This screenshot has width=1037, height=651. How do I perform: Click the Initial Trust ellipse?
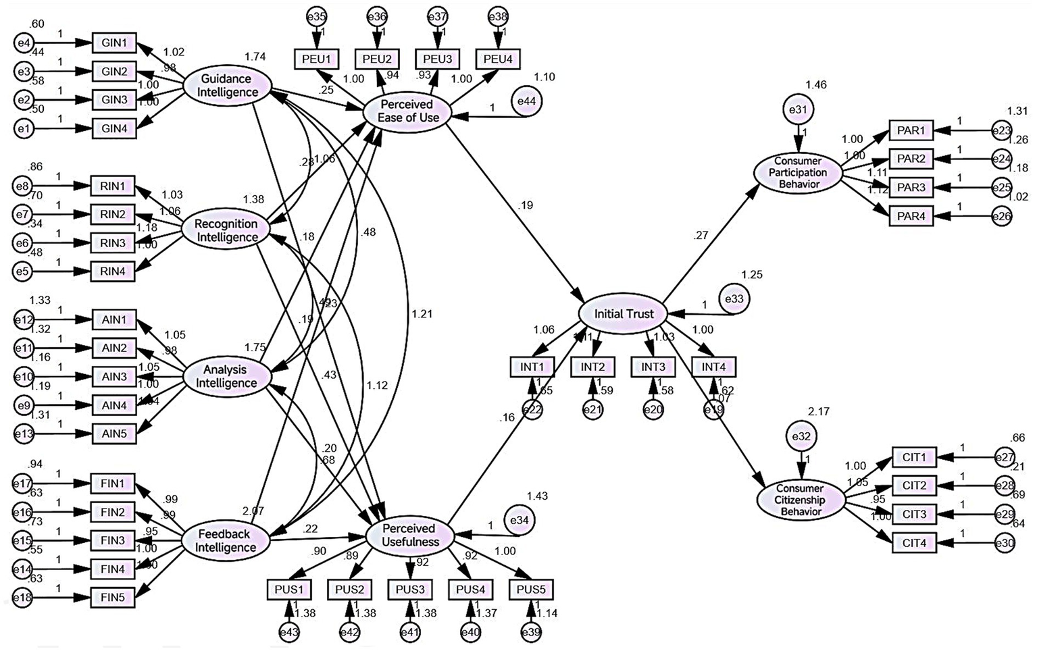tap(624, 314)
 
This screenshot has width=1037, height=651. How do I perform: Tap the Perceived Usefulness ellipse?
tap(410, 535)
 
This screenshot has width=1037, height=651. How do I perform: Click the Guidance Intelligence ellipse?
tap(226, 86)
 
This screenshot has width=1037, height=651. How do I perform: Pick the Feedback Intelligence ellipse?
tap(226, 540)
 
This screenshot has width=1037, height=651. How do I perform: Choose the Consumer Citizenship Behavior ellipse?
tap(799, 500)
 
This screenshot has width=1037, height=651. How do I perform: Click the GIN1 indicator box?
tap(114, 43)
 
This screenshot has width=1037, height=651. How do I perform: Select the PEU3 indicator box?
tap(438, 59)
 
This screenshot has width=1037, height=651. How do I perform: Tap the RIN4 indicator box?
tap(113, 271)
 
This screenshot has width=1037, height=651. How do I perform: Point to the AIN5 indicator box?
tap(113, 434)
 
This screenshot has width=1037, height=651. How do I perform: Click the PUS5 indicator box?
tap(532, 590)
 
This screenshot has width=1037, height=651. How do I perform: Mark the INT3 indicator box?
tap(653, 367)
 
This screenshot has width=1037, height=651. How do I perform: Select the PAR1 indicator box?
tap(911, 130)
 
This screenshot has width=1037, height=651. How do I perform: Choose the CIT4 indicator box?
tap(914, 542)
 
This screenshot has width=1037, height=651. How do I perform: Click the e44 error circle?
tap(527, 101)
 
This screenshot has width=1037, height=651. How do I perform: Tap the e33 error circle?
tap(734, 298)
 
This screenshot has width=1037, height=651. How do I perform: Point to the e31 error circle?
tap(799, 109)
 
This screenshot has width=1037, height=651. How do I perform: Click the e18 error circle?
tap(24, 597)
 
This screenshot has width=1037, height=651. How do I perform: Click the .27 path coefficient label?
tap(701, 236)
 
